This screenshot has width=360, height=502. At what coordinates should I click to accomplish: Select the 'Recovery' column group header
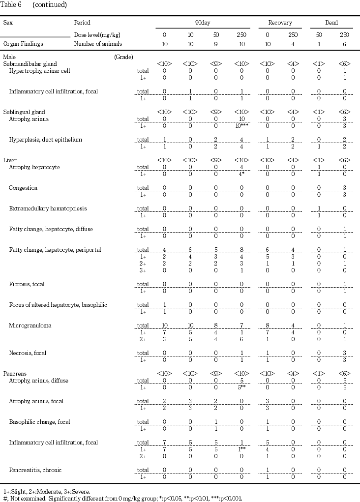point(280,23)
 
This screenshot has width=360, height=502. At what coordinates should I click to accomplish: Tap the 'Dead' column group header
point(331,23)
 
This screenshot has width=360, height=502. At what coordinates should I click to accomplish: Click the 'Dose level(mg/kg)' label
point(97,35)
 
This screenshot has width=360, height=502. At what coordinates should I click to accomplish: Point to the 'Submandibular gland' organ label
point(30,64)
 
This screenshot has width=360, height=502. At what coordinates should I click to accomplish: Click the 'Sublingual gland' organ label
point(25,112)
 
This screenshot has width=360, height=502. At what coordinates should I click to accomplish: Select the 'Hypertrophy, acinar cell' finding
point(39,71)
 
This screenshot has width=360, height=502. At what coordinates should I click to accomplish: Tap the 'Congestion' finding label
point(23,188)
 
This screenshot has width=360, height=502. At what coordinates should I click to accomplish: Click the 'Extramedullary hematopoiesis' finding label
point(48,208)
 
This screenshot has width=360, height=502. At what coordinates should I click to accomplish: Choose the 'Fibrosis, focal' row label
point(27,284)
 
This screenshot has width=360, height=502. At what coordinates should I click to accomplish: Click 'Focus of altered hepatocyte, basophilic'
point(58,305)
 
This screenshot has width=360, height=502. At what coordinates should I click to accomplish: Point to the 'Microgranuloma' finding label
point(30,325)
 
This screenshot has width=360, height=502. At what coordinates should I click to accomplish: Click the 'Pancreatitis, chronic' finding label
point(35,470)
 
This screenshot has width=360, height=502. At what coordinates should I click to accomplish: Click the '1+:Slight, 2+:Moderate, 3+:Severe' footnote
point(47,491)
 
